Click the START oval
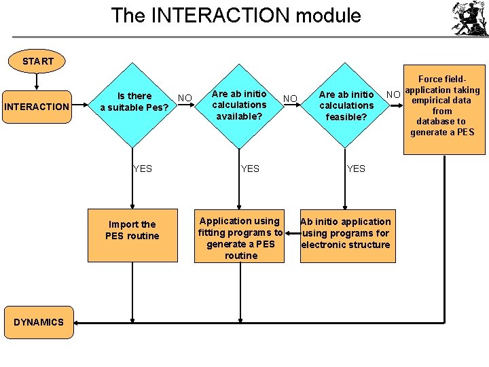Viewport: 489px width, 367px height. (x=37, y=61)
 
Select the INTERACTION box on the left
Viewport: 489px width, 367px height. (x=37, y=107)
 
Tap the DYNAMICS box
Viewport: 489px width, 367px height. (x=38, y=322)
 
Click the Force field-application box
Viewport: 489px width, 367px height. (x=444, y=109)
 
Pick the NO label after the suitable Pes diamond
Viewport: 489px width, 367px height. (x=185, y=98)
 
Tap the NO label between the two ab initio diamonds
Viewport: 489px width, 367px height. (x=291, y=99)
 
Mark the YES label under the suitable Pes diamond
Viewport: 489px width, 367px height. (x=142, y=169)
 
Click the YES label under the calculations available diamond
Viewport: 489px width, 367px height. (x=249, y=169)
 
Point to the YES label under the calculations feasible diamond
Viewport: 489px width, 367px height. (x=356, y=169)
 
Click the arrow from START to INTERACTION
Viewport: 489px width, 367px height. (x=37, y=82)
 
